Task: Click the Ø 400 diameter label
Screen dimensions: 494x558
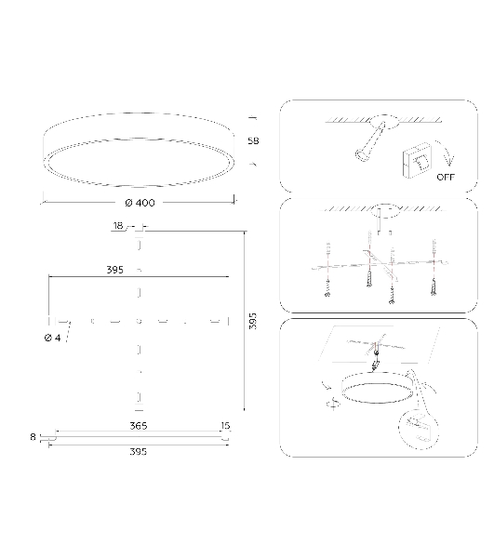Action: (x=140, y=203)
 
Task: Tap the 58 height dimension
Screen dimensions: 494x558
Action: (x=253, y=141)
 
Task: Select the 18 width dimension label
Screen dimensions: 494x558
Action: (x=118, y=226)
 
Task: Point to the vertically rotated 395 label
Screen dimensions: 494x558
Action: (x=252, y=321)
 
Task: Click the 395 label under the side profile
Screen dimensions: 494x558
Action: (x=138, y=452)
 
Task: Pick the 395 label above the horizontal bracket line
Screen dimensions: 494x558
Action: (x=115, y=270)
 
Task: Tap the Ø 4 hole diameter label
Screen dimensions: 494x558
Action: (x=53, y=338)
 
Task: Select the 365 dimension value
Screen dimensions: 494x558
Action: (x=138, y=426)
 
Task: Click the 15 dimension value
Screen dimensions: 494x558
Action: (x=225, y=426)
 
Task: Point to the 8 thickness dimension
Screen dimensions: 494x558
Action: (x=33, y=437)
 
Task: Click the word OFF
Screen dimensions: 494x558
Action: (x=446, y=177)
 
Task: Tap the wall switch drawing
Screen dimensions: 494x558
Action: (x=418, y=161)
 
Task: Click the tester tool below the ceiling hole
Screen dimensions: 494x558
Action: (x=370, y=142)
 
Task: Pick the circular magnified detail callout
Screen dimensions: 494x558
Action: (x=419, y=430)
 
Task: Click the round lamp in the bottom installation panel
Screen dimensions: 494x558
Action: (x=378, y=387)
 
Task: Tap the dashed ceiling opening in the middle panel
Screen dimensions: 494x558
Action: (x=385, y=211)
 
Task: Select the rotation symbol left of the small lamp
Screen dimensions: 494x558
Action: (x=333, y=404)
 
